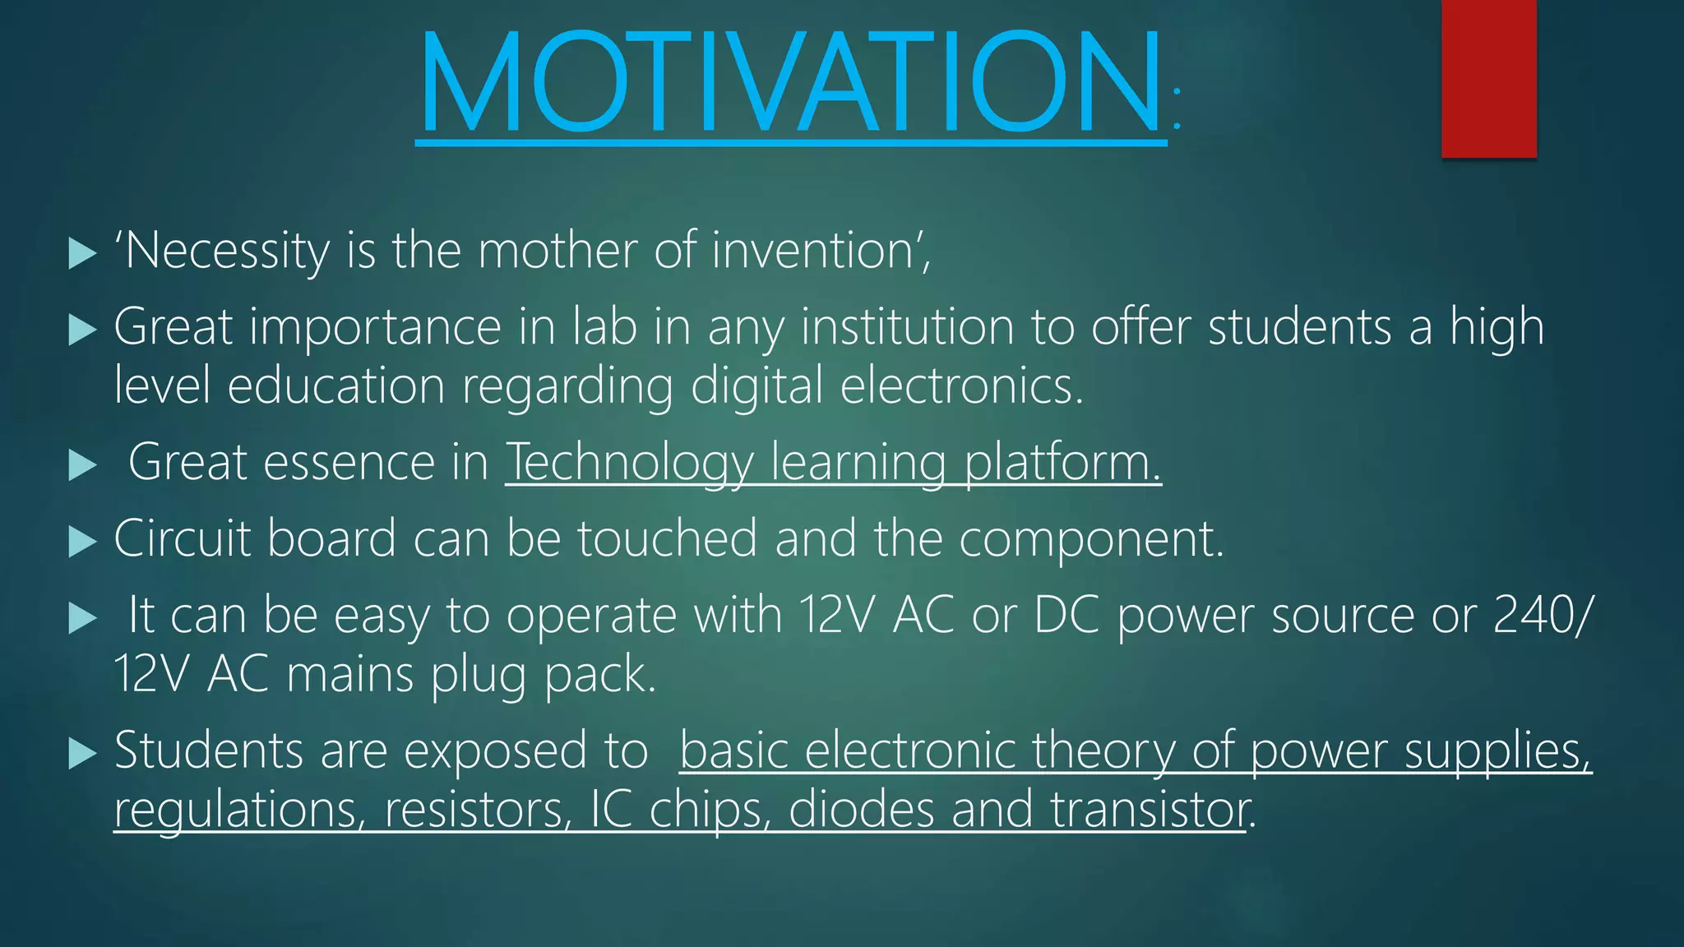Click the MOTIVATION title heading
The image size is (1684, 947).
(x=791, y=82)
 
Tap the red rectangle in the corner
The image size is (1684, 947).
(x=1488, y=78)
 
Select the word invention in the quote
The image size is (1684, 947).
(x=814, y=251)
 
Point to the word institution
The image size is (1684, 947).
(x=907, y=327)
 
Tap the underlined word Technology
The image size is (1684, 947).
(x=629, y=463)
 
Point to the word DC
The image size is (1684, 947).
(x=1066, y=615)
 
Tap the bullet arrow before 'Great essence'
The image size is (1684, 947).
(x=82, y=465)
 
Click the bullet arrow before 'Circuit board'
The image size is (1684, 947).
(x=82, y=542)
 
